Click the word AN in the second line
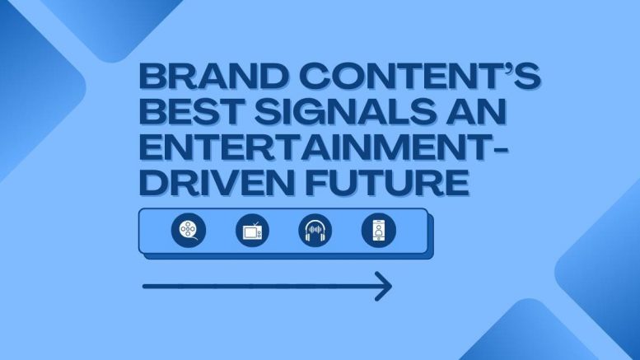tap(476, 111)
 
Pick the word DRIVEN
tap(217, 181)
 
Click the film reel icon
tap(189, 230)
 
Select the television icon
tap(252, 231)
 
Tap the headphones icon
tap(315, 231)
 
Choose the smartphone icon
tap(379, 231)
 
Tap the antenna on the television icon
tap(255, 225)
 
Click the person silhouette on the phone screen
tap(379, 230)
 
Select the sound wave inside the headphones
tap(315, 230)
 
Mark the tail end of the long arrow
tap(143, 287)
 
